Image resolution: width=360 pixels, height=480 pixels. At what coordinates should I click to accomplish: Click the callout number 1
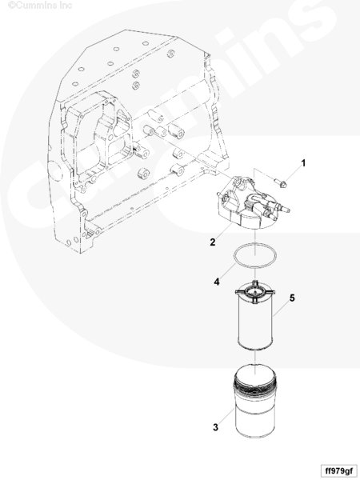click(303, 163)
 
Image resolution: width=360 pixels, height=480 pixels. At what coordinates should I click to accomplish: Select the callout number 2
click(213, 242)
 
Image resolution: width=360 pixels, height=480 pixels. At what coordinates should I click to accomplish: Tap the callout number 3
click(215, 427)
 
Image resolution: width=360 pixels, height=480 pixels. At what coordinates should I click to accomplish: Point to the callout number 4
click(217, 282)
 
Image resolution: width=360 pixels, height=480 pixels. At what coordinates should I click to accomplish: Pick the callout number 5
click(292, 298)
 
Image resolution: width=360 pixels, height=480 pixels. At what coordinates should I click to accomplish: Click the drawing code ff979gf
click(338, 470)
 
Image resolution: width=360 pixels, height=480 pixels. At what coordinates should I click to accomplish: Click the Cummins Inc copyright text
click(40, 6)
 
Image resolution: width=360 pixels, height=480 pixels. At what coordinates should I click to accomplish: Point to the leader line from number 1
click(293, 175)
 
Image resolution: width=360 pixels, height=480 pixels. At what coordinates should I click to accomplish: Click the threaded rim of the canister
click(254, 388)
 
